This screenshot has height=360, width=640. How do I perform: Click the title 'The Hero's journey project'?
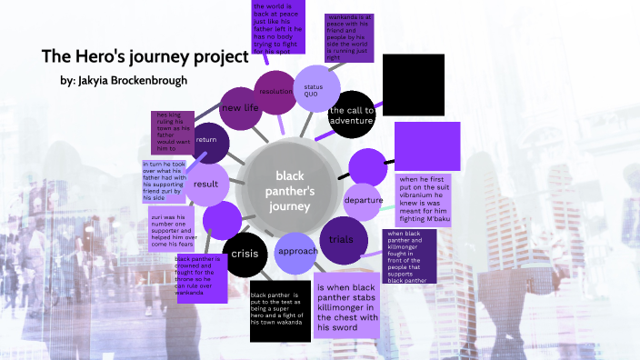tap(145, 56)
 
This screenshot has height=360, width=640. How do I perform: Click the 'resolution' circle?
tap(275, 92)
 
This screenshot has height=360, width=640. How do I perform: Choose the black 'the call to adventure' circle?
tap(352, 115)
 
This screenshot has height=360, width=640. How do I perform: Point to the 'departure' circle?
tap(363, 200)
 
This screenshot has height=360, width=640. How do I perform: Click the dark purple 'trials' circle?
tap(342, 239)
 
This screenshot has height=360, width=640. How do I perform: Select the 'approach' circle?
tap(297, 251)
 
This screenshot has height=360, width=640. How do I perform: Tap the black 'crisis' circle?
tap(245, 253)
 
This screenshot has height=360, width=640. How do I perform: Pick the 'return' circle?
tap(206, 139)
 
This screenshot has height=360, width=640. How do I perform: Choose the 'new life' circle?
tap(240, 108)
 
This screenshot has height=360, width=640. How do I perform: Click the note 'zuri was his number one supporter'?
tap(175, 228)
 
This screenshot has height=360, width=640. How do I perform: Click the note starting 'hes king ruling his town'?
tap(175, 133)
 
